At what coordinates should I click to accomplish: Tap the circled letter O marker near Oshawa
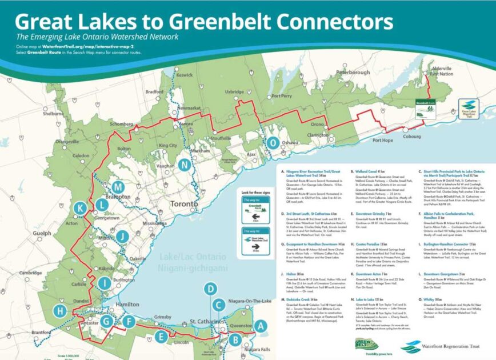(x=273, y=143)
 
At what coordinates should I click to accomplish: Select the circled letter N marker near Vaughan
(x=184, y=165)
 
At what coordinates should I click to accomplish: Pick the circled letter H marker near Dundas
(x=59, y=311)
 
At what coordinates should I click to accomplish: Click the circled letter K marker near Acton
(x=81, y=209)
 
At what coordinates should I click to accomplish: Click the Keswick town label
(x=185, y=75)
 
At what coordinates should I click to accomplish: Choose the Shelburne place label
(x=53, y=114)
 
